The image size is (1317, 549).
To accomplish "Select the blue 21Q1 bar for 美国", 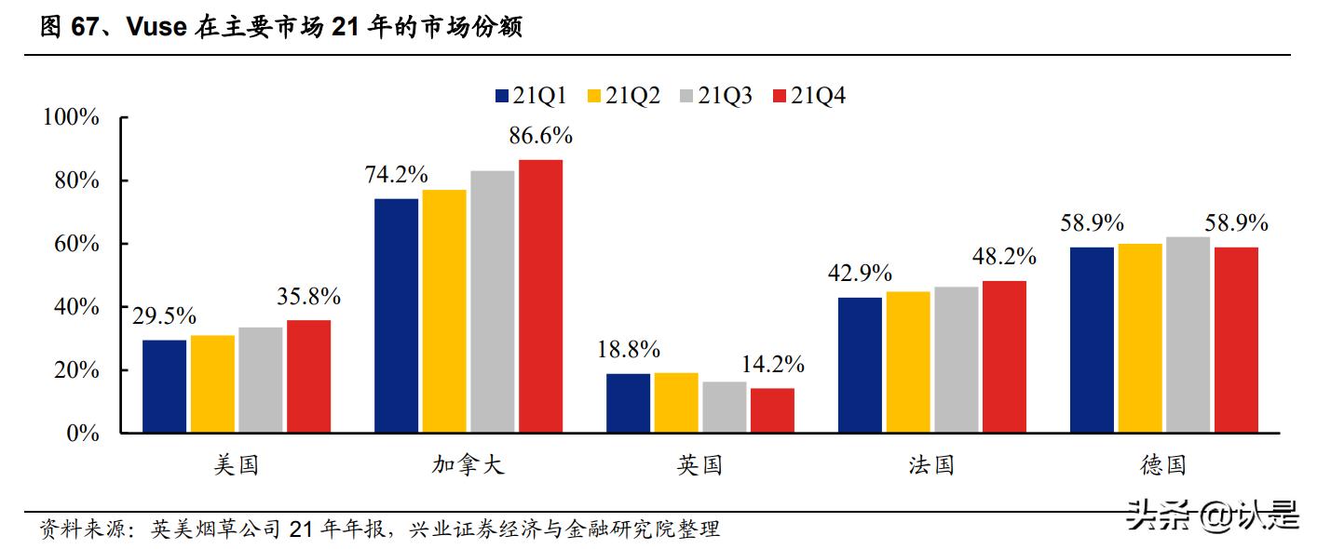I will [x=164, y=386].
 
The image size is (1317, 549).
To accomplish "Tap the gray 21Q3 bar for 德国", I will [x=1188, y=335].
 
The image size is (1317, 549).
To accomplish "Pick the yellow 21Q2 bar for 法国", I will [x=907, y=362].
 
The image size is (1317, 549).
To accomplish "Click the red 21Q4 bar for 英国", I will [x=772, y=410].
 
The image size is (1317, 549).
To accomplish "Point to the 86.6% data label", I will [x=540, y=136].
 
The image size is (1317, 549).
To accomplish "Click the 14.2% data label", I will [x=772, y=364].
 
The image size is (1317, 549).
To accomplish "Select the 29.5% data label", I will [x=164, y=316].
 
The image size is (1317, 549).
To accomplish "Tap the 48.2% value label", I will [x=1004, y=257].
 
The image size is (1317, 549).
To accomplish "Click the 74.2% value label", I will [x=396, y=174].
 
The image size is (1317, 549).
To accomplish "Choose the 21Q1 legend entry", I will [x=532, y=95].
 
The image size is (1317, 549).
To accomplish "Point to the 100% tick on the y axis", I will [x=70, y=117].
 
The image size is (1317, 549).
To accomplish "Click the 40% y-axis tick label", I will [x=75, y=307].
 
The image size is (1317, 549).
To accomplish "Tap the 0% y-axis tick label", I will [x=82, y=434].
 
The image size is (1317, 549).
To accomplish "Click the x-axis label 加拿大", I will [x=468, y=464].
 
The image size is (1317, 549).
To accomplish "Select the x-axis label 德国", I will [x=1164, y=464].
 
